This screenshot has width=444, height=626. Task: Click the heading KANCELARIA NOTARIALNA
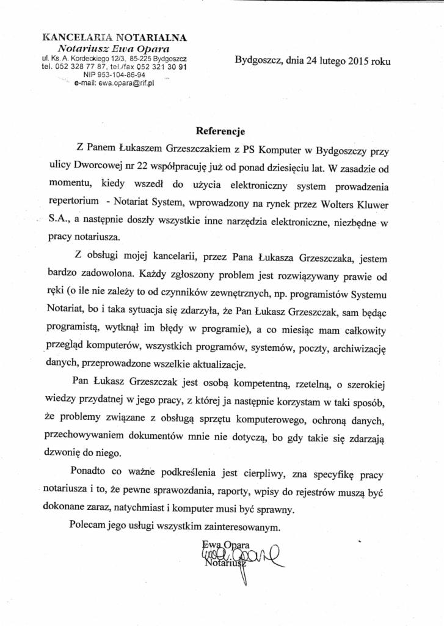click(114, 38)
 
